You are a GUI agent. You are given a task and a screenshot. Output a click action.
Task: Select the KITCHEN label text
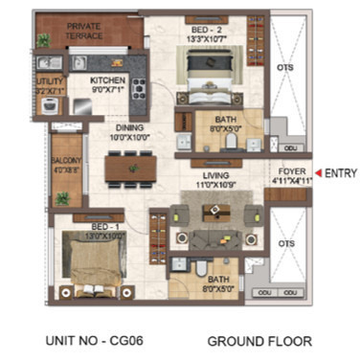[x=107, y=80]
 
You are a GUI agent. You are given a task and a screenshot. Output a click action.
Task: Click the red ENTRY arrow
[x=317, y=172]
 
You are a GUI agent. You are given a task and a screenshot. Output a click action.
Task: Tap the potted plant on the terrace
[x=43, y=41]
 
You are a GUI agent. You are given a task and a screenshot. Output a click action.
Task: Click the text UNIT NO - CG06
[x=88, y=340]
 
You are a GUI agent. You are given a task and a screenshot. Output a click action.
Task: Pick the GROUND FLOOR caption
[x=259, y=340]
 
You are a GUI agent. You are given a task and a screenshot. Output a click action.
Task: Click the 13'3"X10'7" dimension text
[x=208, y=40]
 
